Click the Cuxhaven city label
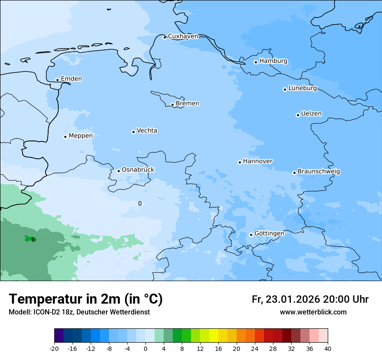point(183,36)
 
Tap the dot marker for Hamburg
point(256,62)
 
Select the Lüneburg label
point(302,88)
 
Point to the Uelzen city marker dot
point(298,115)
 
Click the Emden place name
point(71,79)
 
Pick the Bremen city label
point(188,104)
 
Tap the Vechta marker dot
point(133,132)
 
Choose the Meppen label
point(81,136)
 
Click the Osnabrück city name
point(138,170)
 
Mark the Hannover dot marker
point(240,162)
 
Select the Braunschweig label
point(319,172)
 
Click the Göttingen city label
point(269,233)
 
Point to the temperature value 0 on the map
point(140,203)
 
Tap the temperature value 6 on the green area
point(33,239)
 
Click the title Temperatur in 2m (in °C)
point(86,299)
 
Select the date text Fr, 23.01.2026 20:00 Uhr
point(310,299)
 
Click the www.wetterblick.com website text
point(313,312)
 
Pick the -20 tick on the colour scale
point(54,349)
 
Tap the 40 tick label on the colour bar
point(327,349)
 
